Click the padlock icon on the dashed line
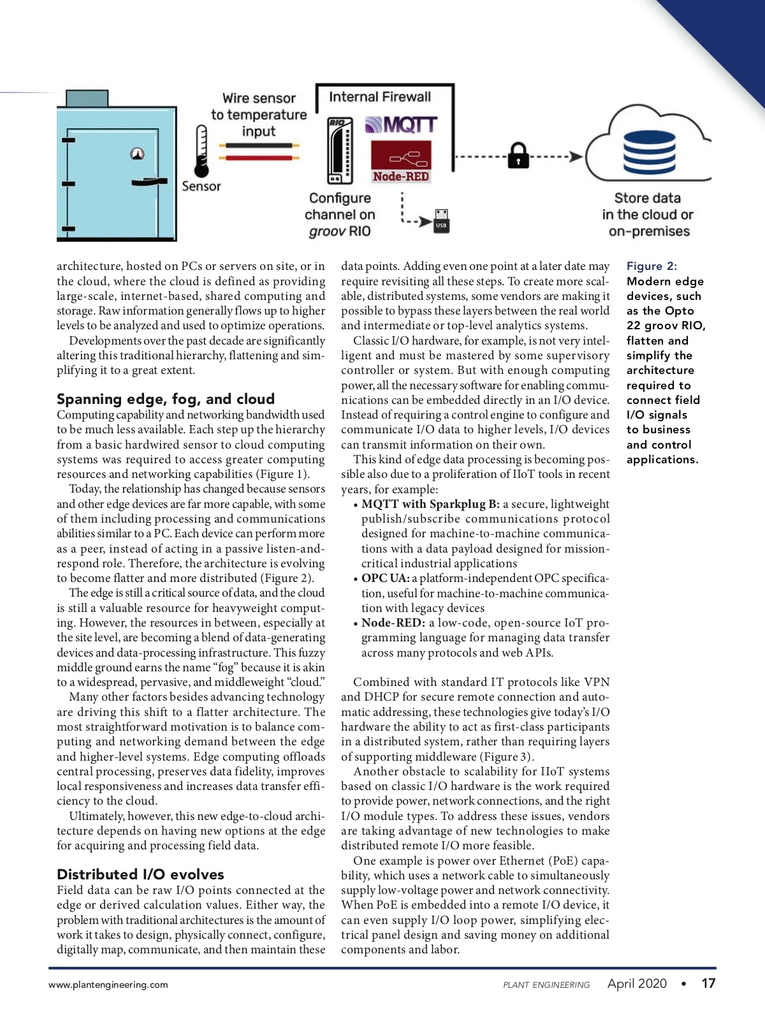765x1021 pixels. [518, 156]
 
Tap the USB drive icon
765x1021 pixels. [441, 221]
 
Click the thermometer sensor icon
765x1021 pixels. [201, 151]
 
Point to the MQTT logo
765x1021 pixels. [402, 124]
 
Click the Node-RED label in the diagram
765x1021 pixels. [401, 176]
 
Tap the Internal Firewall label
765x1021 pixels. [380, 97]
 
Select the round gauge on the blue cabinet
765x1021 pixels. [137, 154]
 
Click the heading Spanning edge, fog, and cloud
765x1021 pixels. [166, 399]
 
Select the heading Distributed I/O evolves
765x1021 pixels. [140, 874]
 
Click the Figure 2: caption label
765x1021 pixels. [652, 266]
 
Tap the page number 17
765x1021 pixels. [708, 983]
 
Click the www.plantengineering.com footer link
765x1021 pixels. [108, 985]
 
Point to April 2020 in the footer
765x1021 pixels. [637, 983]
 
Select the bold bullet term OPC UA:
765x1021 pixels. [386, 578]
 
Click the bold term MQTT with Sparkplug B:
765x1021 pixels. [430, 504]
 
